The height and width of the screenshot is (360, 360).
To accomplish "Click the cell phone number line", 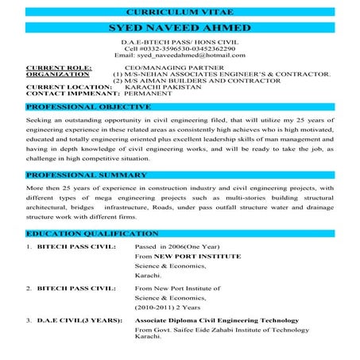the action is (x=180, y=48).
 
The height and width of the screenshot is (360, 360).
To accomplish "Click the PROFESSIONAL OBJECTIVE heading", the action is (x=87, y=106).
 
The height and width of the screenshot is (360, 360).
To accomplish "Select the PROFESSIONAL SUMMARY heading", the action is (x=84, y=173).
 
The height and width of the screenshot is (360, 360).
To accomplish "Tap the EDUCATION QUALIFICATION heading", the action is (x=89, y=234).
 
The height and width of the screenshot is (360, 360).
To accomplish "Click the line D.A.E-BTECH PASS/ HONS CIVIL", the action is (x=180, y=41).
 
